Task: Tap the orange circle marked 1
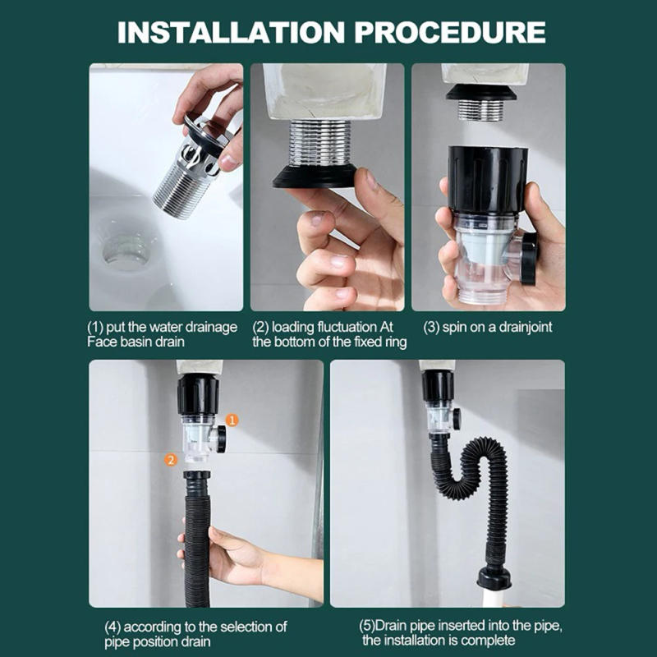coord(232,420)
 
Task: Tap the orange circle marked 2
coord(171,460)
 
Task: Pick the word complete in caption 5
coord(490,641)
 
